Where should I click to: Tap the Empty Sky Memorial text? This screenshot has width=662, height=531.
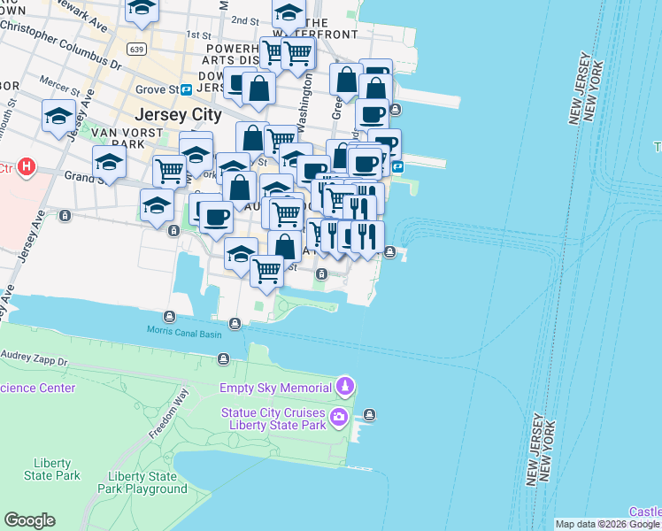274,388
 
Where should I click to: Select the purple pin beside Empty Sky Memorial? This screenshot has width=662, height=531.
344,387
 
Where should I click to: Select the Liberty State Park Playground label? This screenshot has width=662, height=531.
142,482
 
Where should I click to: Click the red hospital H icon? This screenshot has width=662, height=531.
27,166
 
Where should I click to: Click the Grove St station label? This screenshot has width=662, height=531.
157,89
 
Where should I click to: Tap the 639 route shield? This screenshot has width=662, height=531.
135,48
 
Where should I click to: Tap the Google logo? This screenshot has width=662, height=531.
29,520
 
